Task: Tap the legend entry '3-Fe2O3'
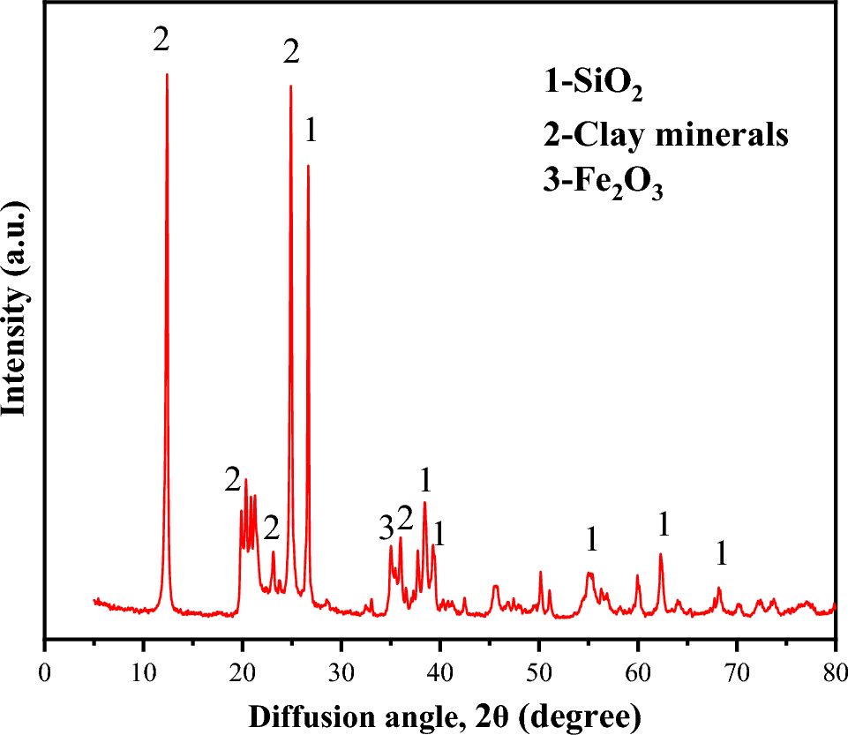[x=603, y=183]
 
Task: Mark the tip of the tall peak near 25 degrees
[x=290, y=86]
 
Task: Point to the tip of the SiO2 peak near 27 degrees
[x=308, y=165]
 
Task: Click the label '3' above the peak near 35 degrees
[x=385, y=529]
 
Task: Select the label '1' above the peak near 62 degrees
[x=664, y=525]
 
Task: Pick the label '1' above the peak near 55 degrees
[x=592, y=538]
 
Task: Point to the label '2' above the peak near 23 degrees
[x=271, y=529]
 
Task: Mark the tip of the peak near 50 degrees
[x=540, y=572]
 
